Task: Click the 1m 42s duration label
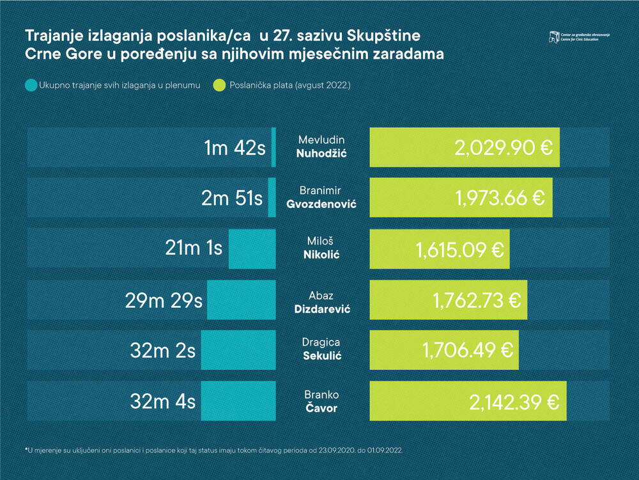234,148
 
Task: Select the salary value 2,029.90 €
503,148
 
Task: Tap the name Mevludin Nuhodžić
322,147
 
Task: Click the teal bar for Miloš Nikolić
252,248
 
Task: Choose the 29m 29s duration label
164,300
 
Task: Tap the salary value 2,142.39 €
514,402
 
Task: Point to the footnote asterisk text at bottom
214,451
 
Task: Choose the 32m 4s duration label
162,402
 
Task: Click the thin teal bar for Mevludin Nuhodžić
273,147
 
